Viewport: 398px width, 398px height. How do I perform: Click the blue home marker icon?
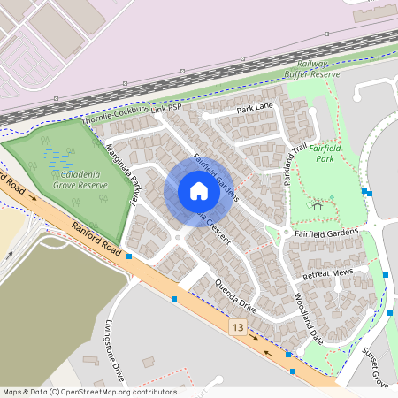point(199,191)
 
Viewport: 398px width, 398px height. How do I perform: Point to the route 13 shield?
point(237,327)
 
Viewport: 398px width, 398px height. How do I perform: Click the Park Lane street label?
point(255,107)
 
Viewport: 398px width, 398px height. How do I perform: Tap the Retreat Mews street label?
point(328,274)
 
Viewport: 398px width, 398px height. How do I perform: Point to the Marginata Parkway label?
point(123,173)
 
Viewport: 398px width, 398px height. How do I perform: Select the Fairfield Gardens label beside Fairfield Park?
point(327,232)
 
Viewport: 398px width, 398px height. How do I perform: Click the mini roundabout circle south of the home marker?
point(178,236)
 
